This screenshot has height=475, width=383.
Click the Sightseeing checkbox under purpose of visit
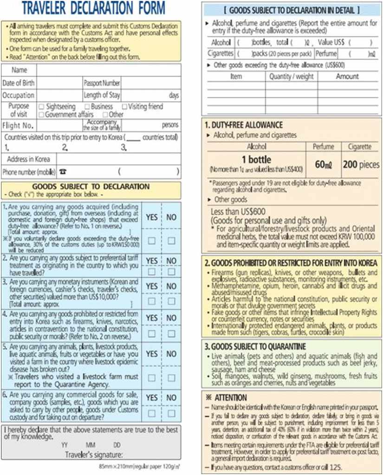(x=42, y=107)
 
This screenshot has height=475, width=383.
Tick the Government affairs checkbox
(x=42, y=115)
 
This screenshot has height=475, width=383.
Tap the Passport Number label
(x=102, y=83)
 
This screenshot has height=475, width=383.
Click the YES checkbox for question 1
(x=152, y=241)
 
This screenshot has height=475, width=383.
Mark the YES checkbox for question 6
(x=152, y=413)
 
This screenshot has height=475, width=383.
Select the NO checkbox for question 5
(x=171, y=378)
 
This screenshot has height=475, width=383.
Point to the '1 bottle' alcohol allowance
(x=255, y=160)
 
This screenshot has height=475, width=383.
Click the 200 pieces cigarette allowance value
(x=361, y=165)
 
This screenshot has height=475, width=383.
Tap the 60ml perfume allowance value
(x=323, y=165)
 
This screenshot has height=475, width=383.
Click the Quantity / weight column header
(x=292, y=77)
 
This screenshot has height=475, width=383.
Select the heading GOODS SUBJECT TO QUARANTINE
(x=255, y=347)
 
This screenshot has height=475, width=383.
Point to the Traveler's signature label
(x=94, y=454)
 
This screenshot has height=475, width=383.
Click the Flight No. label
(x=18, y=126)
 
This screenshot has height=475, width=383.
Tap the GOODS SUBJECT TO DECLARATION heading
(x=90, y=186)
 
